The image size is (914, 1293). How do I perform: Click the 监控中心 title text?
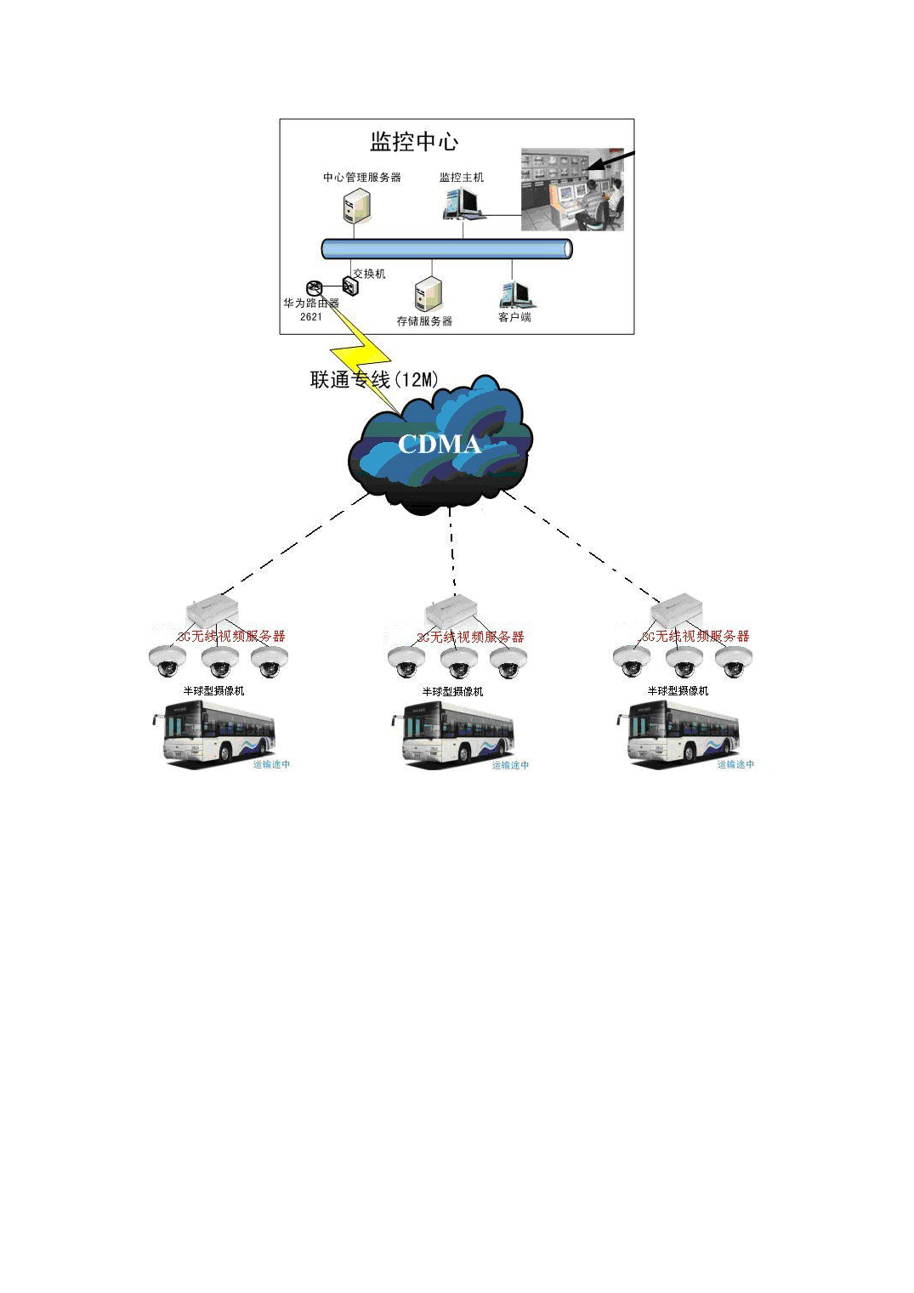point(414,142)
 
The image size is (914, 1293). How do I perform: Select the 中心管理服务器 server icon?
point(357,206)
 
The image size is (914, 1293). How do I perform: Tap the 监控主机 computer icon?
point(461,203)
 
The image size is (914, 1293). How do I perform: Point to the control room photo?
point(571,190)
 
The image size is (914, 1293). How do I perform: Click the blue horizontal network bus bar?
point(446,248)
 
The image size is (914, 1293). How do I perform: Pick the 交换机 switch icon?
point(350,286)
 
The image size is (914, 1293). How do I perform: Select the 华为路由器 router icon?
point(314,288)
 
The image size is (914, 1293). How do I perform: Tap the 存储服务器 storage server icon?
point(429,295)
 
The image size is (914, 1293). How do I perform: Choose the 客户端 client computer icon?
point(515,294)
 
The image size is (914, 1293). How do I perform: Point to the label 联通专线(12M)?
point(374,380)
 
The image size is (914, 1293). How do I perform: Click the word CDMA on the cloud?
point(439,444)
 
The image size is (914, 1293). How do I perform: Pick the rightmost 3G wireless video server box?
point(676,611)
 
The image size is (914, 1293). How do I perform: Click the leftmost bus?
point(215,734)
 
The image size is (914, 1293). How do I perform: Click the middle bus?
point(454,734)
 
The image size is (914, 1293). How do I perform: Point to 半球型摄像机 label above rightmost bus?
point(678,691)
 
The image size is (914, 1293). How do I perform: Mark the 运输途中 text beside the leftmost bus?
point(271,764)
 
